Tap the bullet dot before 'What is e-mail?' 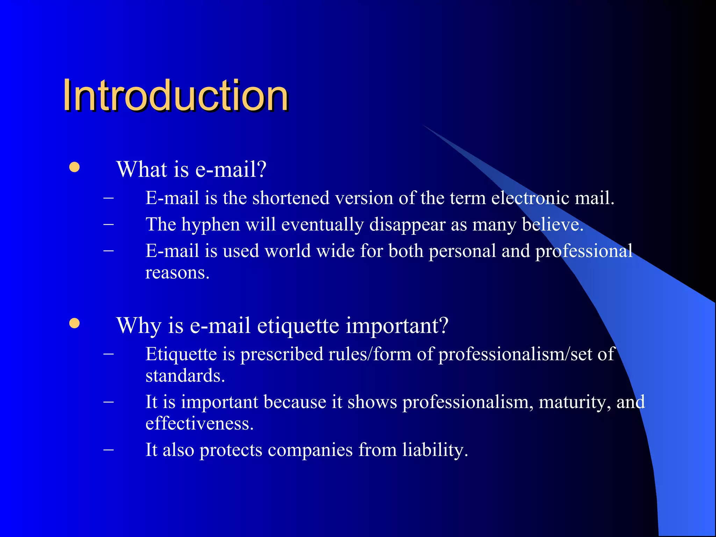pyautogui.click(x=74, y=167)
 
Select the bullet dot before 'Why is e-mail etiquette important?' pyautogui.click(x=74, y=323)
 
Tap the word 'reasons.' pyautogui.click(x=177, y=273)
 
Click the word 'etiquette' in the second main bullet pyautogui.click(x=298, y=325)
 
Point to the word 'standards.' pyautogui.click(x=185, y=376)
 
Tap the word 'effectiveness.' pyautogui.click(x=199, y=423)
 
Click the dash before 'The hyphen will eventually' pyautogui.click(x=109, y=224)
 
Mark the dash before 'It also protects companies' pyautogui.click(x=109, y=449)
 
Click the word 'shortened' pyautogui.click(x=291, y=198)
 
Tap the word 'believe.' pyautogui.click(x=553, y=224)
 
